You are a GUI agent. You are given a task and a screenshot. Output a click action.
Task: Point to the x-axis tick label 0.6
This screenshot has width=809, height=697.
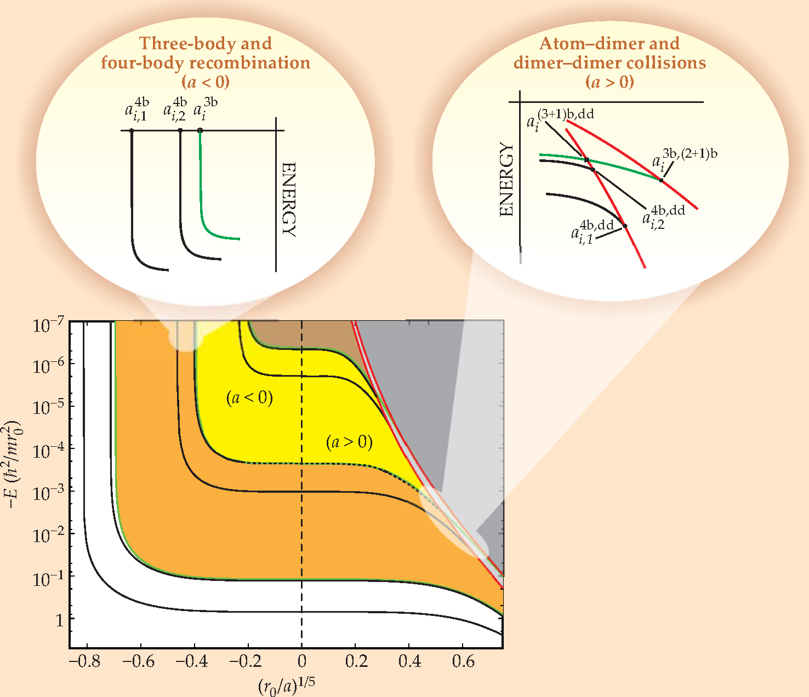(463, 662)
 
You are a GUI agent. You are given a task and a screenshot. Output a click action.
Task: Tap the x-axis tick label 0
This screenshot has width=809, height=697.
(301, 662)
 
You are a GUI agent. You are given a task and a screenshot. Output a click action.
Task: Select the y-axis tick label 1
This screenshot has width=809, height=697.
(59, 620)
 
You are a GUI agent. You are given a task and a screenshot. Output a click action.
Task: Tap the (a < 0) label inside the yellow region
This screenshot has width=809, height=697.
(249, 398)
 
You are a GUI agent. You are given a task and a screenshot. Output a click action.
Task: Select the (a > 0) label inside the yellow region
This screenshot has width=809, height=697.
(349, 442)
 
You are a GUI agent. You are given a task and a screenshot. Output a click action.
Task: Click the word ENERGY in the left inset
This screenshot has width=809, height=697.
(288, 199)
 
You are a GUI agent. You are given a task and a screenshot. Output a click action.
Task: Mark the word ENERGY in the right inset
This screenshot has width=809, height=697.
(507, 180)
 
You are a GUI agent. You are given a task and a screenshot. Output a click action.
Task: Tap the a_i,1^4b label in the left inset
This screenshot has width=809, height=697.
(136, 109)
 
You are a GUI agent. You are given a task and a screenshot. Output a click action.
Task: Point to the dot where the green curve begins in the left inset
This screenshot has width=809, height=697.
(200, 130)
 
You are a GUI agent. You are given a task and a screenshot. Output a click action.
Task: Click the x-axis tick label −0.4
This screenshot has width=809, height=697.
(193, 662)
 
